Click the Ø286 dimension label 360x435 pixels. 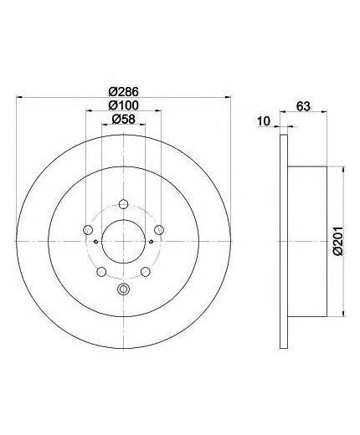point(124,91)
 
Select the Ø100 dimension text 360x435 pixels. point(124,105)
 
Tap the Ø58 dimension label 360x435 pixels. point(123,119)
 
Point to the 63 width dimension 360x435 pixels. point(303,106)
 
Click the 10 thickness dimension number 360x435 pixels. point(264,121)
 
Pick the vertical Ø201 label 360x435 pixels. point(338,241)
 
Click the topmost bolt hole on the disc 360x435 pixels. point(123,204)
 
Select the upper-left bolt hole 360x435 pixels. point(88,230)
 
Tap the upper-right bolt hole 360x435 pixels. point(159,230)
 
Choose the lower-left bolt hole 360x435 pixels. point(101,272)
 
